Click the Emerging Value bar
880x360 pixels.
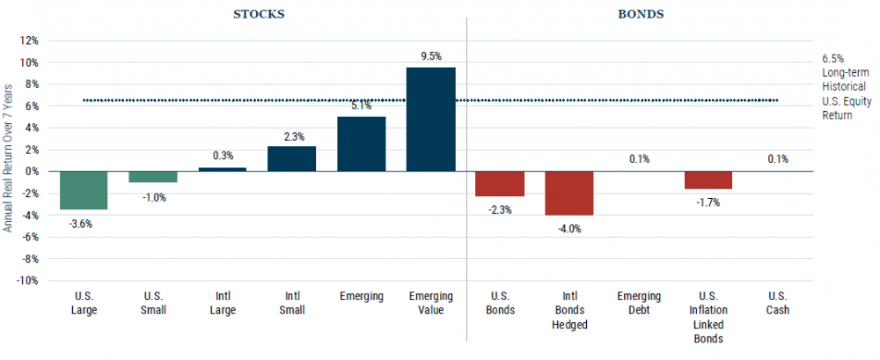pyautogui.click(x=430, y=119)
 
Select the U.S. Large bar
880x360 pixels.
pyautogui.click(x=83, y=190)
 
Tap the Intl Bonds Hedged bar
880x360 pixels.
pyautogui.click(x=569, y=193)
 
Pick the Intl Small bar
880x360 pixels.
pyautogui.click(x=291, y=158)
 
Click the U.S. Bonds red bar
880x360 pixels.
pyautogui.click(x=499, y=183)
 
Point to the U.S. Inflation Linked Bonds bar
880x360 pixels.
pyautogui.click(x=708, y=180)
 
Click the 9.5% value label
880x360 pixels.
pyautogui.click(x=431, y=55)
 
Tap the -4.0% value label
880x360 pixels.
pyautogui.click(x=568, y=229)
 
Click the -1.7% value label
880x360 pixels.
pyautogui.click(x=708, y=203)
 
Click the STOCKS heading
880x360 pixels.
pyautogui.click(x=258, y=15)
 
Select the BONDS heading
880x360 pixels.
pyautogui.click(x=640, y=15)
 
